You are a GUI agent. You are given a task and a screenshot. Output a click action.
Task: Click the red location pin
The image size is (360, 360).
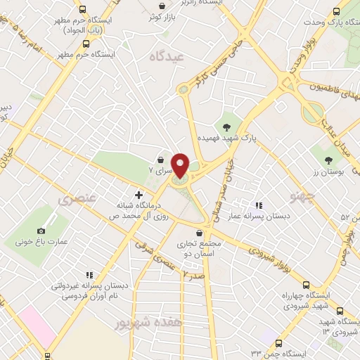coord(180,165)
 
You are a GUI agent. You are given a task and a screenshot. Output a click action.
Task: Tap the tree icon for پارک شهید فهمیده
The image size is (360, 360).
coord(226,127)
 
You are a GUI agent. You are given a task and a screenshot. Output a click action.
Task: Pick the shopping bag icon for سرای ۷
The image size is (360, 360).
coord(160,160)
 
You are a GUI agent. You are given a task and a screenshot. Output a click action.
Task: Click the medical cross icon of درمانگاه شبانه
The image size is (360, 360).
coord(138,194)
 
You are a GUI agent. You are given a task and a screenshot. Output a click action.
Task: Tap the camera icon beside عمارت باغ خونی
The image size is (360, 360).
coord(41,231)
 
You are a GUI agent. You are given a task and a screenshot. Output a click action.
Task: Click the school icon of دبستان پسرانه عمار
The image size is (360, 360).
coord(258,206)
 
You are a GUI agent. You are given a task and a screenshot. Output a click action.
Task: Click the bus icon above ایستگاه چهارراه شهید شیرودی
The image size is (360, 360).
coord(305,285)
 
